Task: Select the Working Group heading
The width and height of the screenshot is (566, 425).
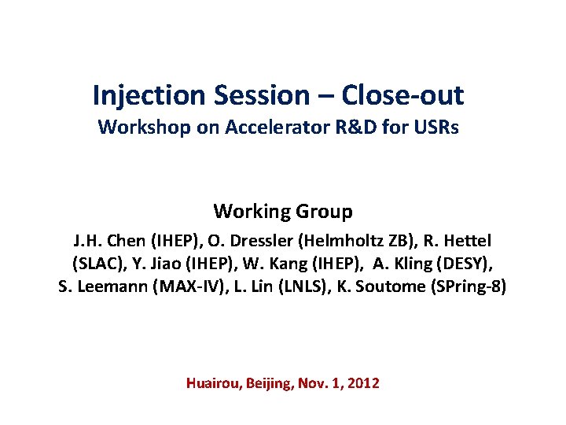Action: click(x=283, y=212)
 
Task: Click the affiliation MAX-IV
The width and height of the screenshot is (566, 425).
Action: click(x=188, y=286)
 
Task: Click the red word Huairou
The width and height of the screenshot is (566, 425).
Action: click(x=212, y=383)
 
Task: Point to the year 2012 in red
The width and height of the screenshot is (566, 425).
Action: click(x=362, y=383)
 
